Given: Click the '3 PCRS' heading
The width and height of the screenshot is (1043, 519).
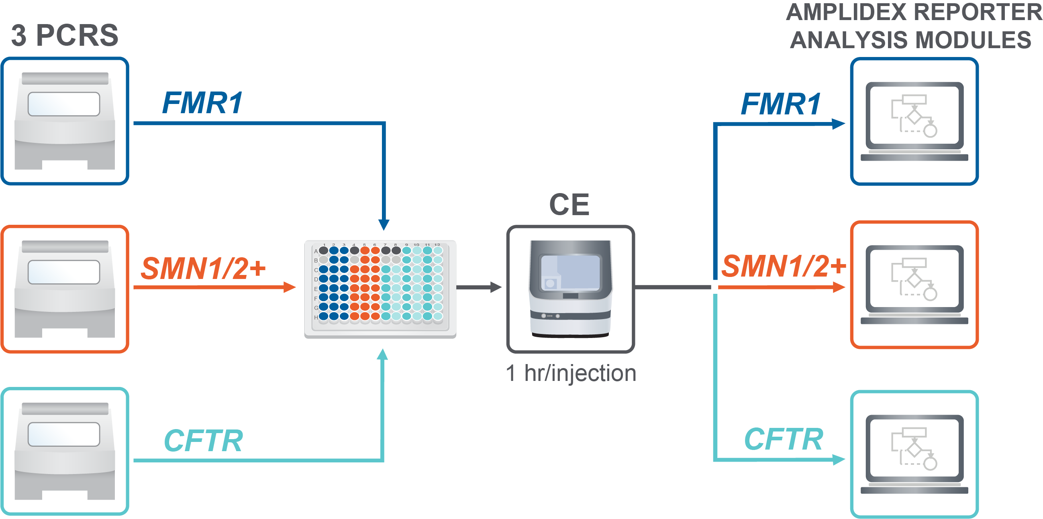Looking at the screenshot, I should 65,36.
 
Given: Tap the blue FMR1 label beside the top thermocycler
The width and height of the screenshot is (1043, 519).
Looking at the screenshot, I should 202,103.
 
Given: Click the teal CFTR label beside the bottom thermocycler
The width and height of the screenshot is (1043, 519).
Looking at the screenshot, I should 203,440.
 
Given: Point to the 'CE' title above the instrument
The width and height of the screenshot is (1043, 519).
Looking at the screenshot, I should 569,205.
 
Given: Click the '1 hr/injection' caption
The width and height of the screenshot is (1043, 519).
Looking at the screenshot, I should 571,373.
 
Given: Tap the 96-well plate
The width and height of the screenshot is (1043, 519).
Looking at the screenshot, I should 380,289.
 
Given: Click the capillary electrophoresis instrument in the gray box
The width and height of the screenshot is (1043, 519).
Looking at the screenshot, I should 570,289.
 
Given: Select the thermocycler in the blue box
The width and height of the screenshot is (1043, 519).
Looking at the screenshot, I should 65,121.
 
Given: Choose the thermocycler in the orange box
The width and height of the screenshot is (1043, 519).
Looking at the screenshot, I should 65,289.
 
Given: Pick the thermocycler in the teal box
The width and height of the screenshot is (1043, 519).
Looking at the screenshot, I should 65,451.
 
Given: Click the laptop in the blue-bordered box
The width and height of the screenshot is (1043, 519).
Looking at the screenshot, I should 914,121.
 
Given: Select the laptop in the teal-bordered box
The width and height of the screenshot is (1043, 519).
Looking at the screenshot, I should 914,454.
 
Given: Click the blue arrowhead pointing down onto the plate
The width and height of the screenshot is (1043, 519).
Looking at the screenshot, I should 384,224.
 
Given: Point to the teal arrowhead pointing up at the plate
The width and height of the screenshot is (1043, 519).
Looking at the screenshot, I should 382,355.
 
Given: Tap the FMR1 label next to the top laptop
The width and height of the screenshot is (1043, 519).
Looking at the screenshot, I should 781,104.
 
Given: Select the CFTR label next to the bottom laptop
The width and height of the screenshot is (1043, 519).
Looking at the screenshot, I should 784,439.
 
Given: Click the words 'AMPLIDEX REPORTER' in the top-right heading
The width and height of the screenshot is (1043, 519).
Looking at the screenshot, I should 913,12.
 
